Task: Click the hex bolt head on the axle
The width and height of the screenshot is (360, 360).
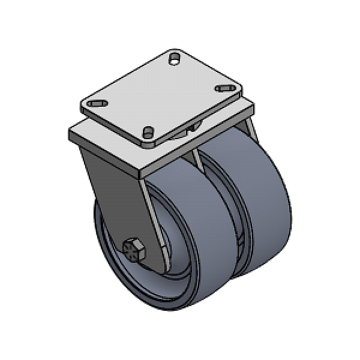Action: point(133,250)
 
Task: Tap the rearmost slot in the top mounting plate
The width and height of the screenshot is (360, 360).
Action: point(175,58)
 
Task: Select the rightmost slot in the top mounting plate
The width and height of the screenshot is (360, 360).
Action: point(225,88)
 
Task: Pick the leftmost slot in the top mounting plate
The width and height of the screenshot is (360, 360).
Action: point(95,104)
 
